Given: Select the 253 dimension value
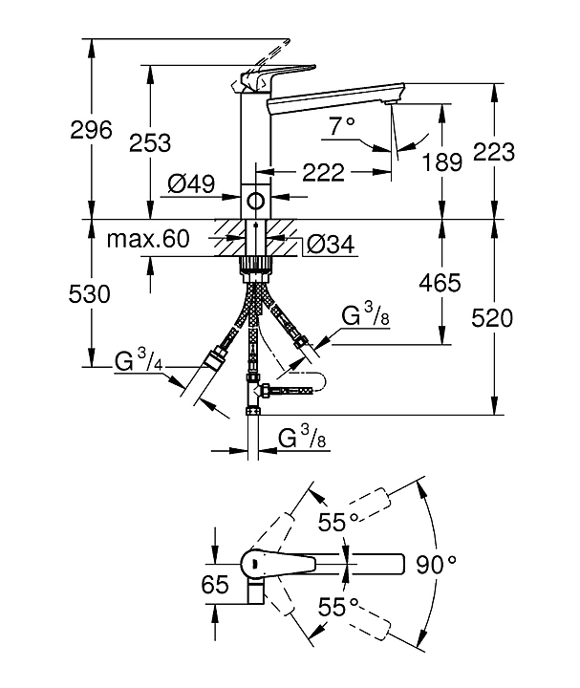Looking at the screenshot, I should point(151,143).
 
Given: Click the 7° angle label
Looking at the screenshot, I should point(341,125).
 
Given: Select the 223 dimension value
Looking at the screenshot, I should point(495,152).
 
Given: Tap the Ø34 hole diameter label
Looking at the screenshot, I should point(330,246).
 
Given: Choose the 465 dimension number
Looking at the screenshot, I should point(440,282).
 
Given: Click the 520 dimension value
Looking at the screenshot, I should point(495,317).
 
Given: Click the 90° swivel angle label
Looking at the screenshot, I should point(438,564).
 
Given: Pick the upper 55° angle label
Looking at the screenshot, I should point(338,521).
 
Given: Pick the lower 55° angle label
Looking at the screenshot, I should point(338,606).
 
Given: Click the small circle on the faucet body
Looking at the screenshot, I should point(255,201).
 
